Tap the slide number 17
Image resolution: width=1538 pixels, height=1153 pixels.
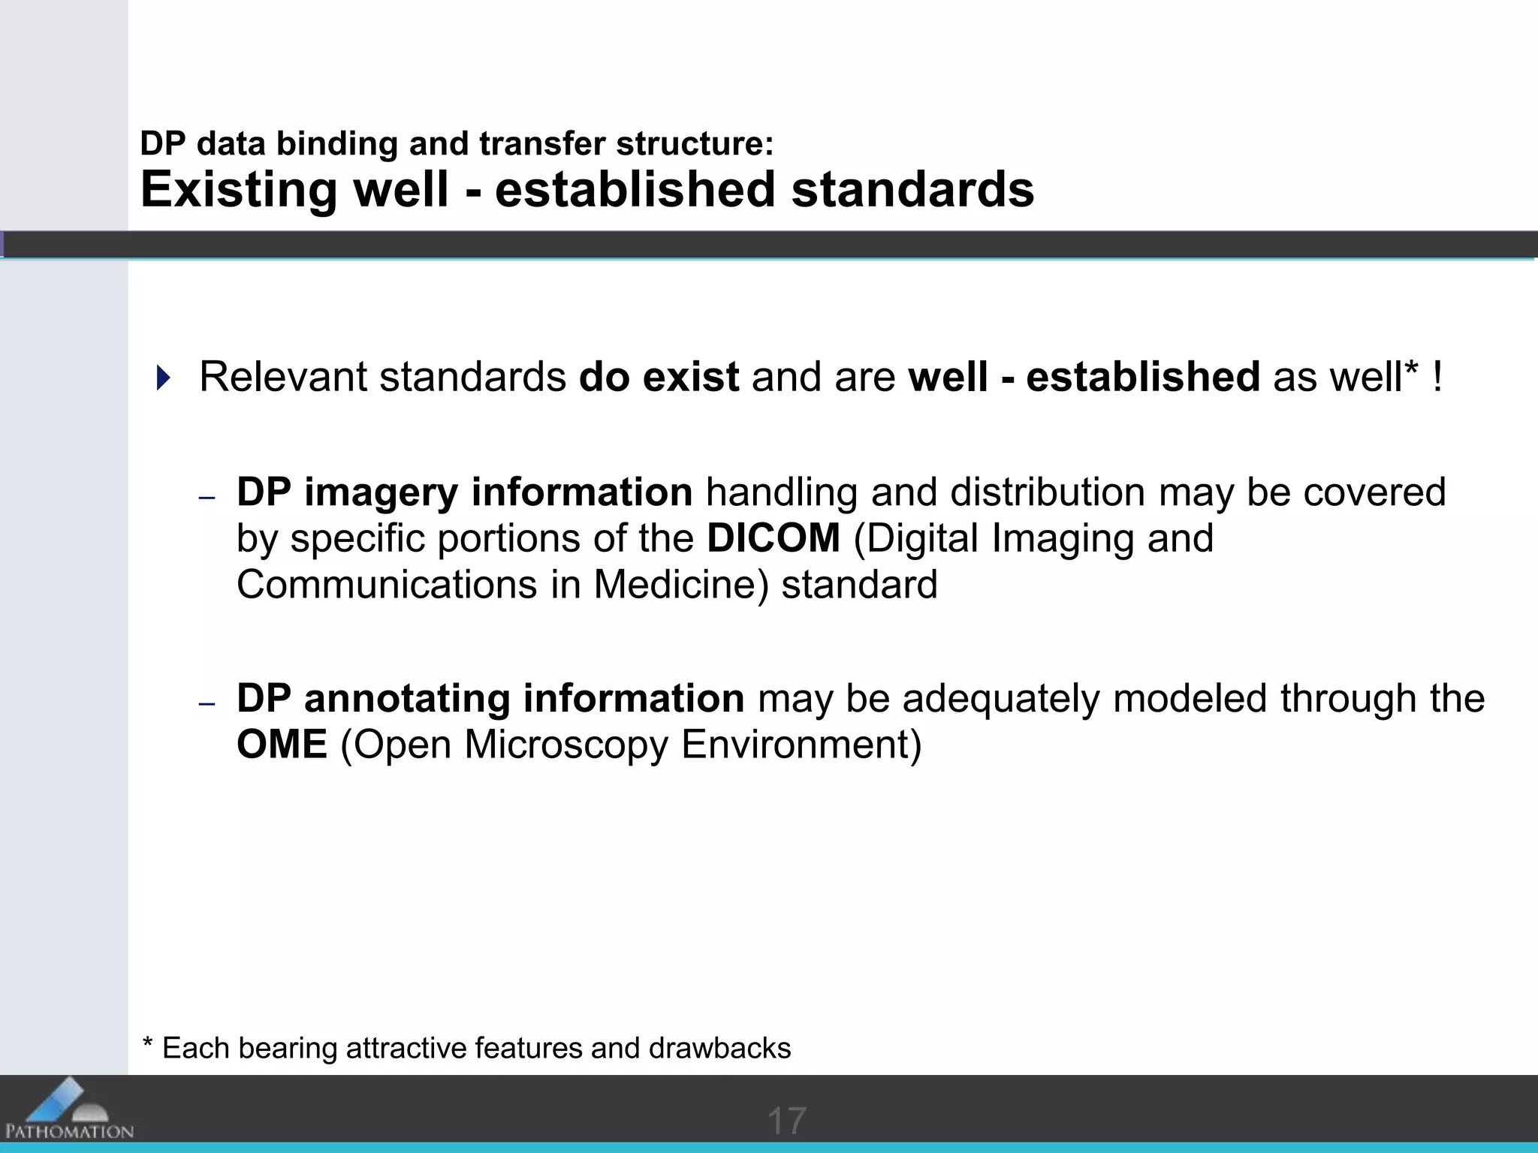click(x=786, y=1121)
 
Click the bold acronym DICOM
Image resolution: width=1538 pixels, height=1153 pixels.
click(x=773, y=538)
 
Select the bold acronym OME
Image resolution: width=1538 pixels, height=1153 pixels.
click(x=282, y=745)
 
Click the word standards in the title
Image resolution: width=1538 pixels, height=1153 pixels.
click(x=912, y=189)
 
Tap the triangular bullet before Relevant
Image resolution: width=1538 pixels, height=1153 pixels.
click(x=163, y=378)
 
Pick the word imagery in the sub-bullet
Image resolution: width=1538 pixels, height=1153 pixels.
click(x=381, y=492)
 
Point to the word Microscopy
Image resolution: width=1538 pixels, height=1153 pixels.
click(x=565, y=745)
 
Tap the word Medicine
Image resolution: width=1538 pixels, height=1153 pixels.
click(x=681, y=585)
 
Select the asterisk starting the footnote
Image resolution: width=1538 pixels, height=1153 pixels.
click(x=148, y=1043)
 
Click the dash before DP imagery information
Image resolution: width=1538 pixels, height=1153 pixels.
click(x=207, y=498)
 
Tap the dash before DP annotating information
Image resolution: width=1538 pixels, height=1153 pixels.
click(x=207, y=704)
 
